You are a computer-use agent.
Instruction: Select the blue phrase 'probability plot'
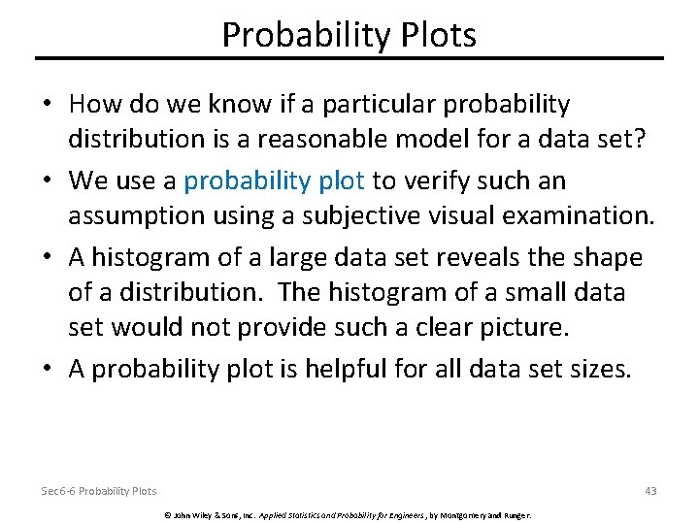[275, 181]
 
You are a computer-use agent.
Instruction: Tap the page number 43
[650, 491]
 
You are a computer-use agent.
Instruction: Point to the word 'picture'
[518, 326]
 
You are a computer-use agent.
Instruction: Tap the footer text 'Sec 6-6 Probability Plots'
[98, 491]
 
